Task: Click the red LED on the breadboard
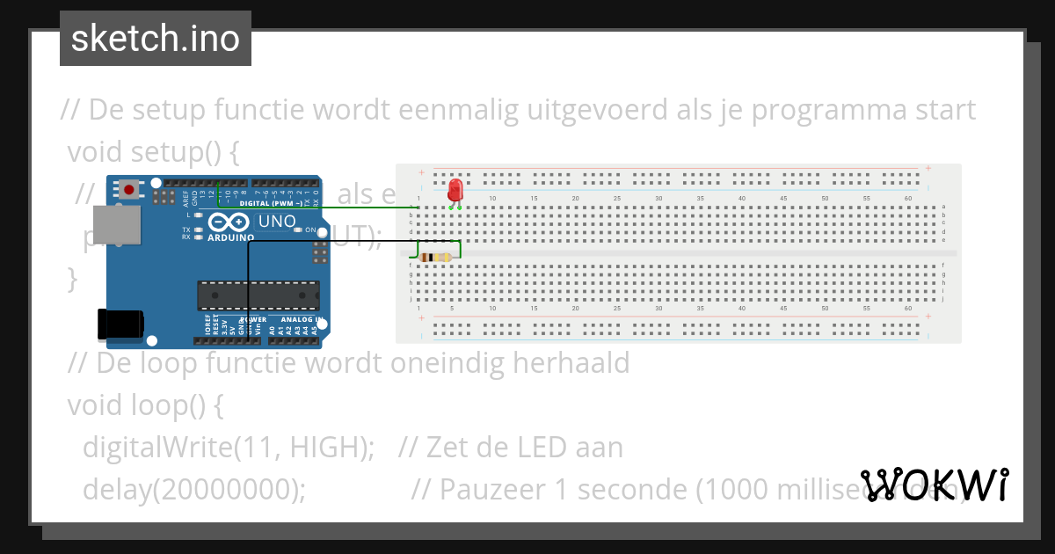pyautogui.click(x=455, y=190)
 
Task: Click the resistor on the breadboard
pyautogui.click(x=436, y=257)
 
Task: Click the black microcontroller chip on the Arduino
pyautogui.click(x=258, y=296)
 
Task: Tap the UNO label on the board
pyautogui.click(x=277, y=221)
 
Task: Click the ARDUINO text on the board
pyautogui.click(x=231, y=237)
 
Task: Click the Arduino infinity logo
pyautogui.click(x=231, y=222)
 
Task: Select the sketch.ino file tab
pyautogui.click(x=156, y=39)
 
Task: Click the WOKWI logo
pyautogui.click(x=935, y=485)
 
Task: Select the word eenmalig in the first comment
pyautogui.click(x=457, y=110)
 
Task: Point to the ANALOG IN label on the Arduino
pyautogui.click(x=302, y=319)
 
